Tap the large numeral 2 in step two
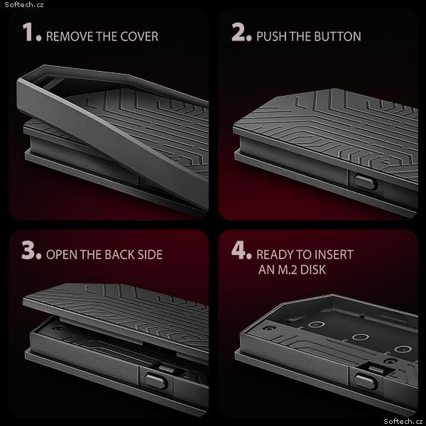click(x=239, y=32)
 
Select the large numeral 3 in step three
click(x=28, y=250)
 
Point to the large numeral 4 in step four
click(x=239, y=250)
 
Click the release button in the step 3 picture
click(x=155, y=381)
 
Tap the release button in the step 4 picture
click(x=366, y=381)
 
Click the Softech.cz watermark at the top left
click(x=24, y=5)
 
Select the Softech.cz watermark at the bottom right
click(x=403, y=421)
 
